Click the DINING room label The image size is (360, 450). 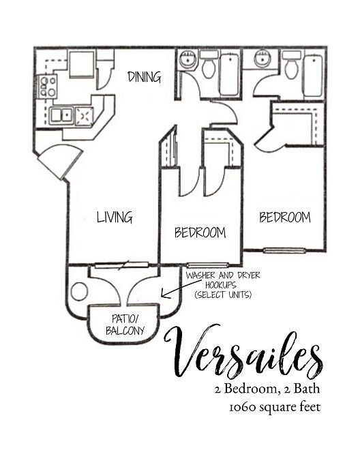(x=145, y=76)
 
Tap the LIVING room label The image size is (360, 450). (x=114, y=217)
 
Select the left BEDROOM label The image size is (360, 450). (x=200, y=232)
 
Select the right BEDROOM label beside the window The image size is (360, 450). (x=284, y=217)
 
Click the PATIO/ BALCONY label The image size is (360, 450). (x=125, y=325)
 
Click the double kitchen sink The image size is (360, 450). (x=61, y=115)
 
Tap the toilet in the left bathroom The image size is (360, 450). (x=209, y=66)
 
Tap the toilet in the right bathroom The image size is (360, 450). (x=291, y=65)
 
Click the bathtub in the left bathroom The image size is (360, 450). (x=229, y=74)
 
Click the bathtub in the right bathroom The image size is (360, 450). (x=312, y=75)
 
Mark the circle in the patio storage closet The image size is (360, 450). (x=80, y=292)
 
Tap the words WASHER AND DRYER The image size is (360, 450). (x=223, y=275)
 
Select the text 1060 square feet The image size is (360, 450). (x=275, y=408)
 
